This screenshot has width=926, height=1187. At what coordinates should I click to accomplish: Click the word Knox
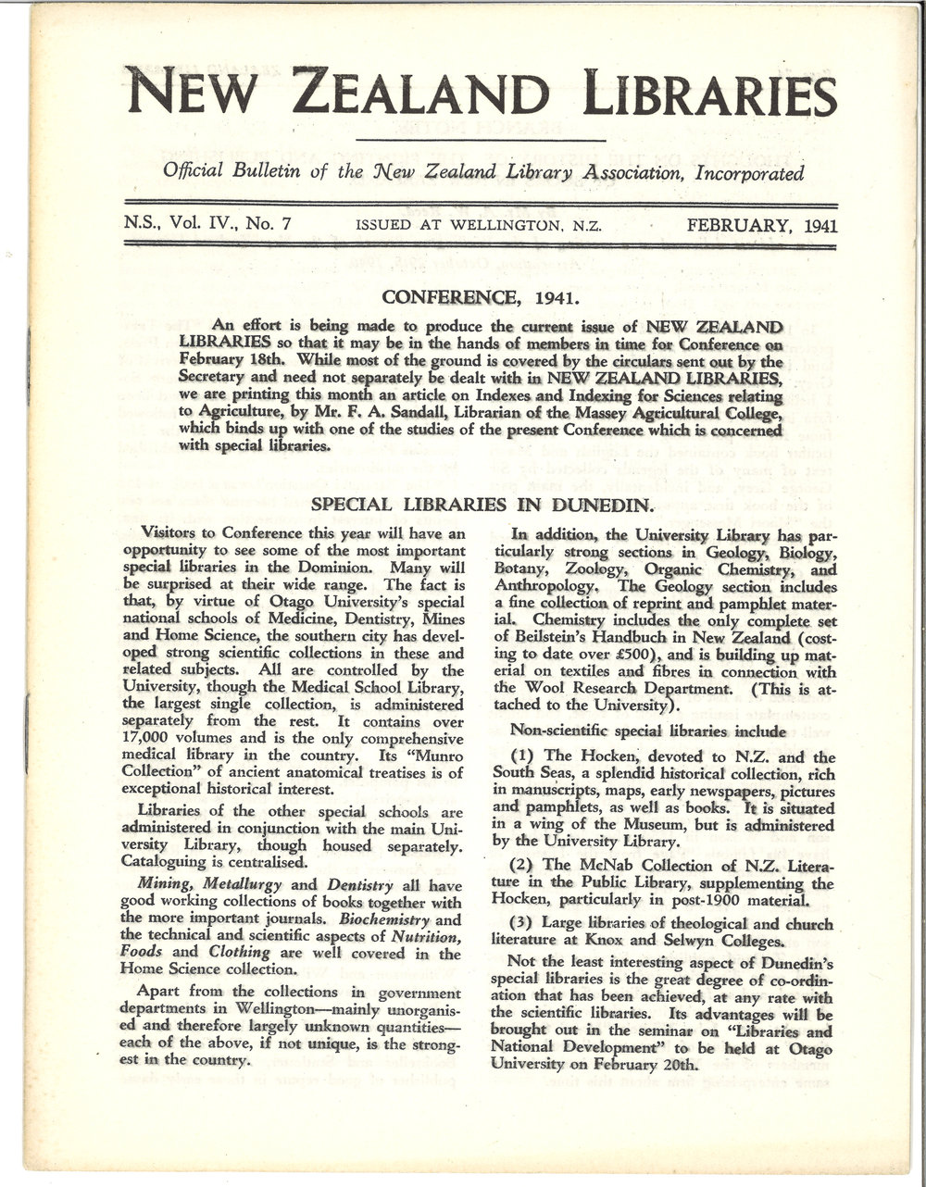[605, 942]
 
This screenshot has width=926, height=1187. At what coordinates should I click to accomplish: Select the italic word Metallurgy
[243, 884]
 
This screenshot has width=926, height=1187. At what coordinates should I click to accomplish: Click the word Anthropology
[548, 586]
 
